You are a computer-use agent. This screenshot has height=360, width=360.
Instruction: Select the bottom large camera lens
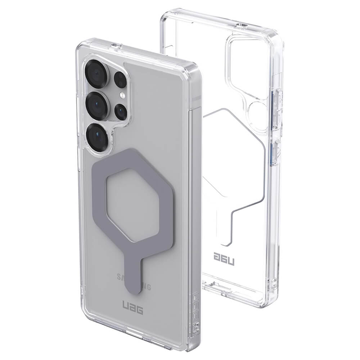click(97, 137)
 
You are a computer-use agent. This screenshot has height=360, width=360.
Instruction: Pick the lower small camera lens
click(121, 111)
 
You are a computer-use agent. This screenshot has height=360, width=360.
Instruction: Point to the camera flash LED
click(123, 96)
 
